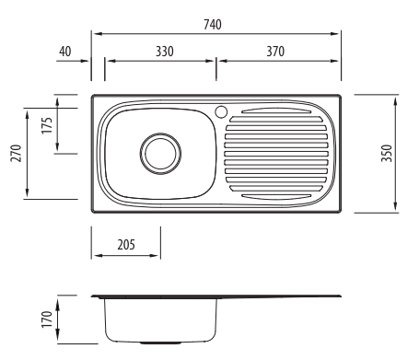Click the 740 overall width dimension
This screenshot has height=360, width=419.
click(213, 25)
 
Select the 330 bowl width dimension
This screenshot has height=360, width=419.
click(165, 52)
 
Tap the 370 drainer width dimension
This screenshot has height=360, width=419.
click(275, 52)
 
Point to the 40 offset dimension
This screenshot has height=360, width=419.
click(65, 52)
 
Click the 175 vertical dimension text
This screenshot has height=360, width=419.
click(47, 125)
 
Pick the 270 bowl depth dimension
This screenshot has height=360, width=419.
click(16, 153)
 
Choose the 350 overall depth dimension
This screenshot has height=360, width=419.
click(387, 153)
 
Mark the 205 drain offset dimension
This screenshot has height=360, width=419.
click(126, 245)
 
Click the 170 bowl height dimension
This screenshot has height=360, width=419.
click(47, 319)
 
